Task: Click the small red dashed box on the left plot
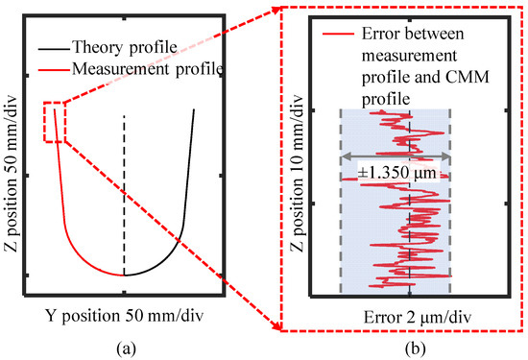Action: coord(54,122)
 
